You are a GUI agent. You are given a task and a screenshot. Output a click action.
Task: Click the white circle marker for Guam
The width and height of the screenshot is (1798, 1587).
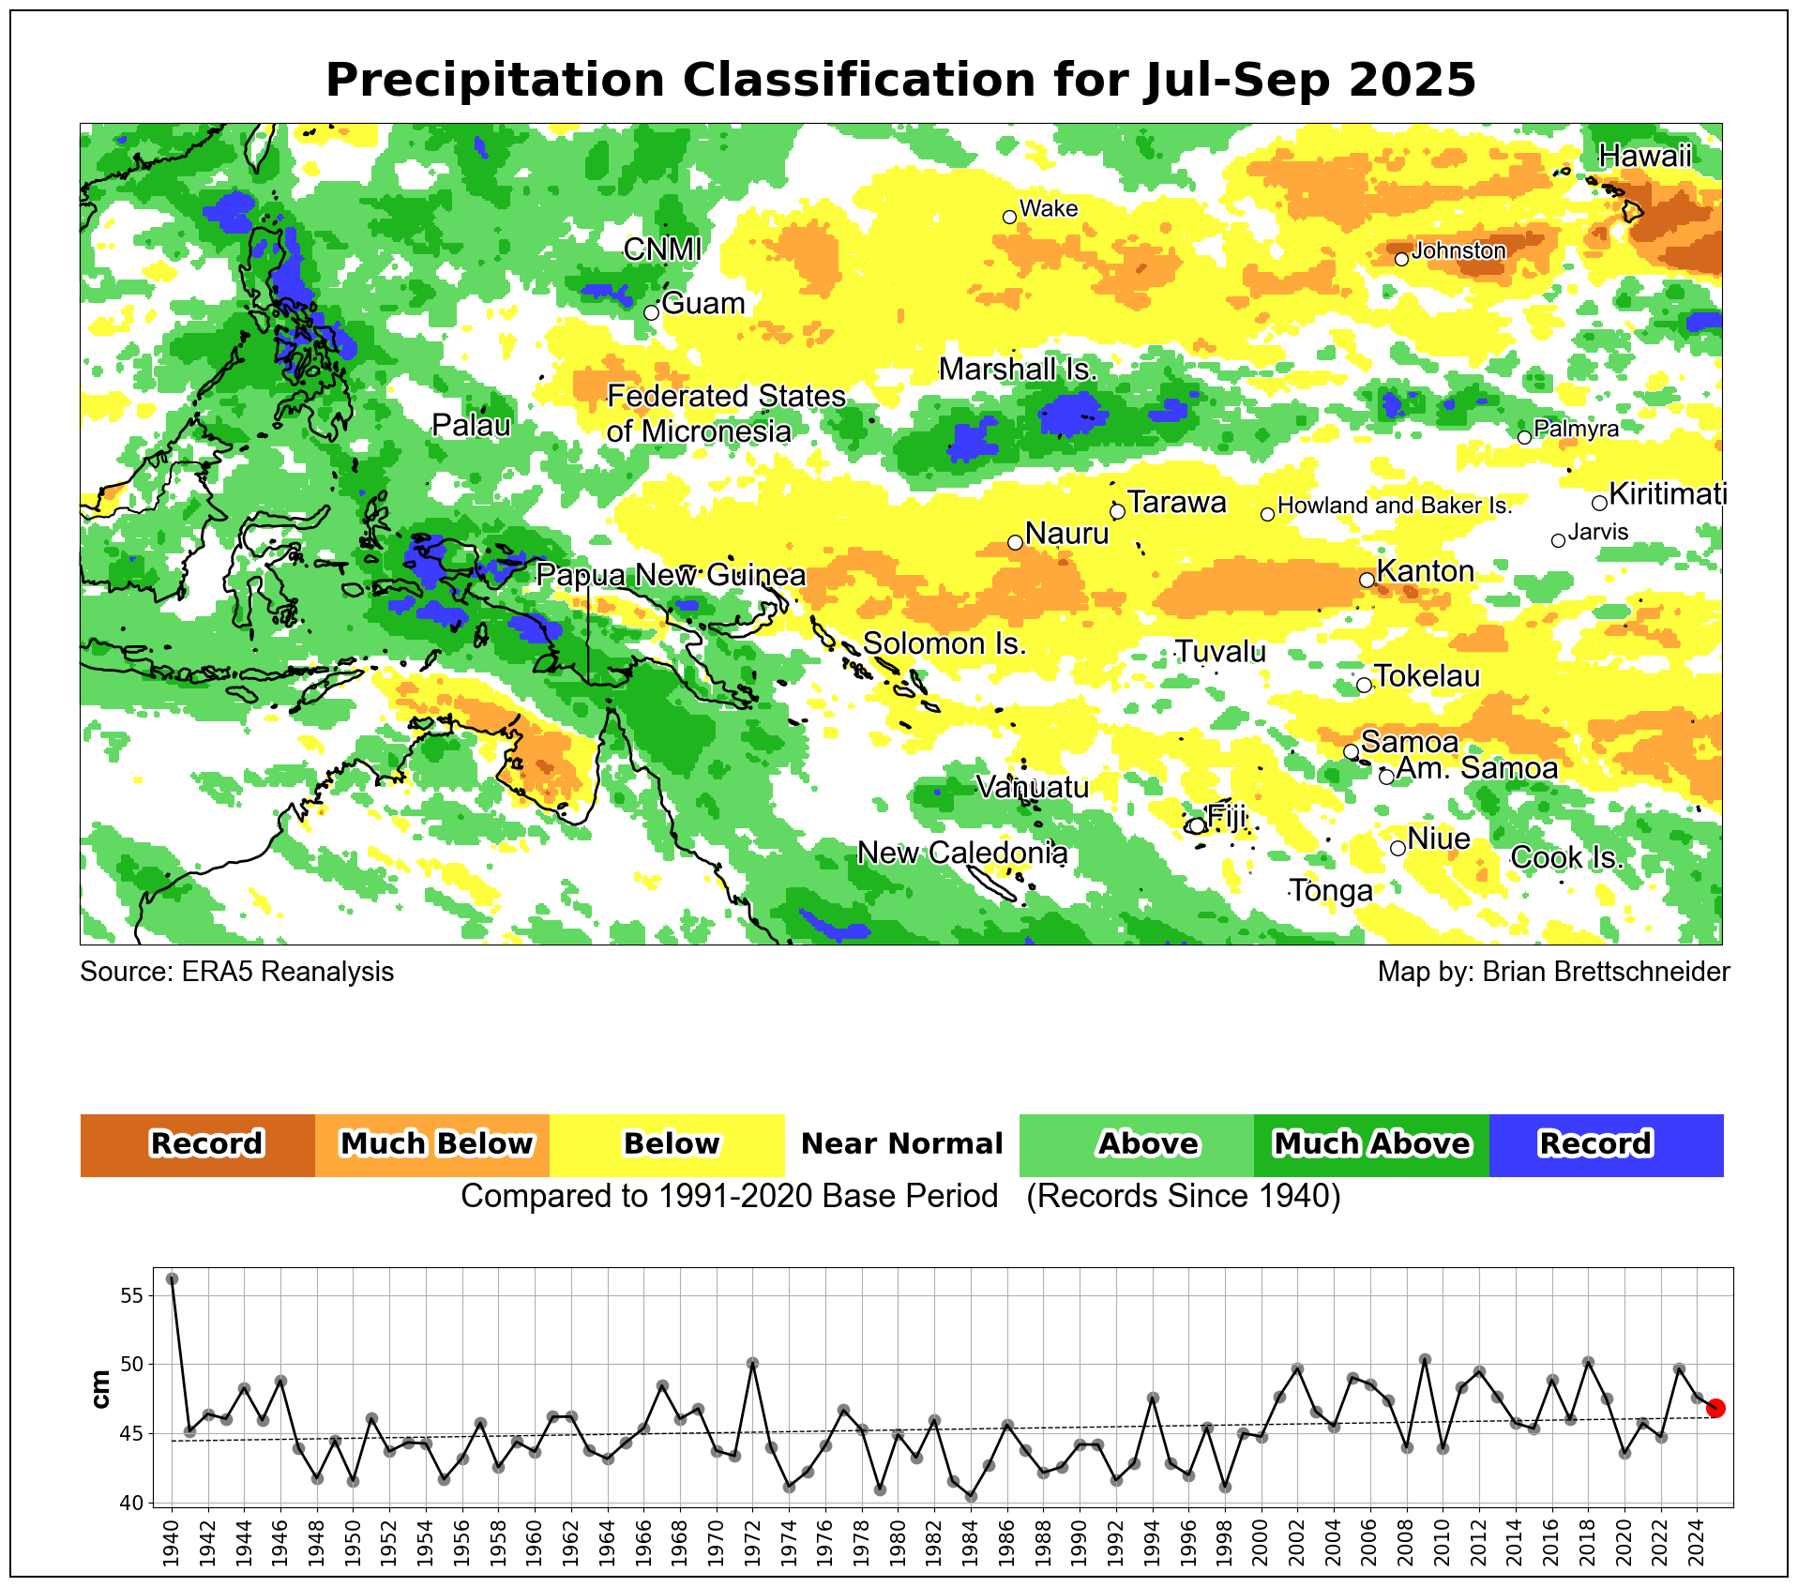pyautogui.click(x=652, y=312)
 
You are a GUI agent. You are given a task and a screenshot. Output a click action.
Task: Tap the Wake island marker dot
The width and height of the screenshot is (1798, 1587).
pyautogui.click(x=1009, y=217)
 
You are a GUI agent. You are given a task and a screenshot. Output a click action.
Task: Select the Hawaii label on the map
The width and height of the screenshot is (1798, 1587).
pyautogui.click(x=1645, y=156)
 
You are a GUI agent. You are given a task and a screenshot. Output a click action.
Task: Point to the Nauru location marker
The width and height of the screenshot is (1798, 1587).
pyautogui.click(x=1015, y=542)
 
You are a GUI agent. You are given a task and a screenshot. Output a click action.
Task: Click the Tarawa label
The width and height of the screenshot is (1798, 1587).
pyautogui.click(x=1176, y=503)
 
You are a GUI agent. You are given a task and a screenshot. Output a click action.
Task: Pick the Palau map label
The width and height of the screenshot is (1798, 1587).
pyautogui.click(x=471, y=426)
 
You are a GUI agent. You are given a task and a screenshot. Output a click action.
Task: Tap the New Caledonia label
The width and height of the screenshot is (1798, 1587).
pyautogui.click(x=962, y=854)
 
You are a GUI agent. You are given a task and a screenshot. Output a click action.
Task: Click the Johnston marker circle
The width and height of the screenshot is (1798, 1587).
pyautogui.click(x=1401, y=259)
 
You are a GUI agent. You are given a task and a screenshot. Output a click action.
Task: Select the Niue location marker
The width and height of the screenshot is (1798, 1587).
pyautogui.click(x=1398, y=848)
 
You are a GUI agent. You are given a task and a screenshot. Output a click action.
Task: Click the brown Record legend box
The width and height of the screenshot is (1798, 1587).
pyautogui.click(x=198, y=1144)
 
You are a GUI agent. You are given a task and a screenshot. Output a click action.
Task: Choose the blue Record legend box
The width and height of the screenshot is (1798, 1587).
pyautogui.click(x=1606, y=1144)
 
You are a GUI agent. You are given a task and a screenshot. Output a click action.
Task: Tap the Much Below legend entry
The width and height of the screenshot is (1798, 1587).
pyautogui.click(x=432, y=1144)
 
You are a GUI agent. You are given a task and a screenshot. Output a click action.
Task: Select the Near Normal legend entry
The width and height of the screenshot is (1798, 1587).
pyautogui.click(x=901, y=1144)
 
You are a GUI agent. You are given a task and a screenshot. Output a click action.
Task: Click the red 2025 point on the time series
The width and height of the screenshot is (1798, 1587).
pyautogui.click(x=1715, y=1408)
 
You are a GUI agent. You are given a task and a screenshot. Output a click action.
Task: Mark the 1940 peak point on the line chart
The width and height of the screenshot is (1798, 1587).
pyautogui.click(x=173, y=1278)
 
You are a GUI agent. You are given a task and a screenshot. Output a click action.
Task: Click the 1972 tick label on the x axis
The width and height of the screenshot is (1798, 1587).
pyautogui.click(x=752, y=1544)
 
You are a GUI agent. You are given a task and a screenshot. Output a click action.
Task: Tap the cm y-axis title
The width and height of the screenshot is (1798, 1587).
pyautogui.click(x=101, y=1389)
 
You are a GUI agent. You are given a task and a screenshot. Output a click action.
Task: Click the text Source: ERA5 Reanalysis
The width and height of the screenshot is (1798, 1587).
pyautogui.click(x=236, y=972)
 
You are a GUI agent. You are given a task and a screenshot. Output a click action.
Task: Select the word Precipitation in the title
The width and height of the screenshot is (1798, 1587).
pyautogui.click(x=494, y=80)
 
